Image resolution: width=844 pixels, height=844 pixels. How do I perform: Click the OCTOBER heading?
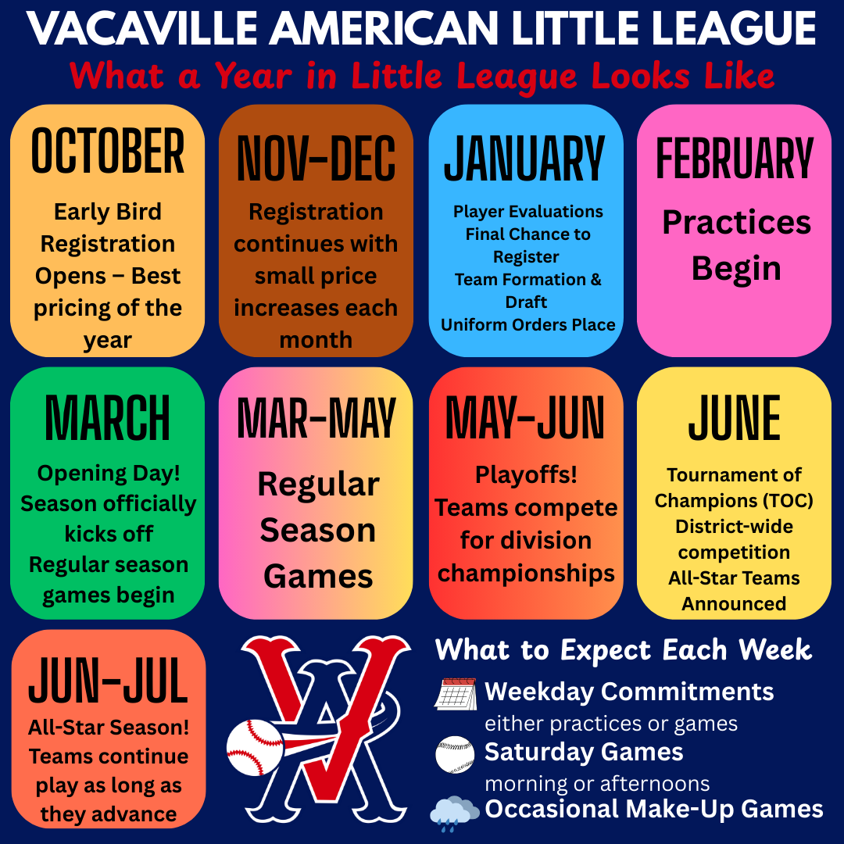click(x=108, y=151)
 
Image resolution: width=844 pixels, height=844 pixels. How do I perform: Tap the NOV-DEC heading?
click(x=316, y=159)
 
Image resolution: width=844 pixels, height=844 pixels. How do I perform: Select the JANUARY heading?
click(x=525, y=158)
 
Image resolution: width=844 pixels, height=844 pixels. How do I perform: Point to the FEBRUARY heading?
click(x=734, y=158)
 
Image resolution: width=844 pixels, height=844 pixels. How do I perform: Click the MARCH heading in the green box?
click(x=107, y=418)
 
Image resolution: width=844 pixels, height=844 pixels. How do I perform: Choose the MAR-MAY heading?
click(x=316, y=418)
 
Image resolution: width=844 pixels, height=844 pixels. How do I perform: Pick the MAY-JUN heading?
click(x=525, y=418)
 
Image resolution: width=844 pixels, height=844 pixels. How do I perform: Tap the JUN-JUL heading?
click(x=108, y=681)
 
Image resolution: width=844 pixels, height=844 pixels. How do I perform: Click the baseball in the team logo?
click(x=255, y=747)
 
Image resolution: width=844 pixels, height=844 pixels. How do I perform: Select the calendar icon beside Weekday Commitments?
click(x=456, y=695)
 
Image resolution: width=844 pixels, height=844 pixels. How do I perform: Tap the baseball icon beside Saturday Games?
click(x=455, y=755)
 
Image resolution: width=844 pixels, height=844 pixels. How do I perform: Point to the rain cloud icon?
click(x=454, y=811)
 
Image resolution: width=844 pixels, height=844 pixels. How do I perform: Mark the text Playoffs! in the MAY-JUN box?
click(x=526, y=475)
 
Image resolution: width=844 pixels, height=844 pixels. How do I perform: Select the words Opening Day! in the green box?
click(x=109, y=474)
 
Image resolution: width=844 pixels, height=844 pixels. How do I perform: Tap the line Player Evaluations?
click(x=527, y=212)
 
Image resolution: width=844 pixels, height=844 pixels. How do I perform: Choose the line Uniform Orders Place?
click(x=527, y=324)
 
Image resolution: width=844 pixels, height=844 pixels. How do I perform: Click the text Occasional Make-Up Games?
click(x=653, y=809)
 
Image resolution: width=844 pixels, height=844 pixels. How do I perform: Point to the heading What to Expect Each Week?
click(x=624, y=650)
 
